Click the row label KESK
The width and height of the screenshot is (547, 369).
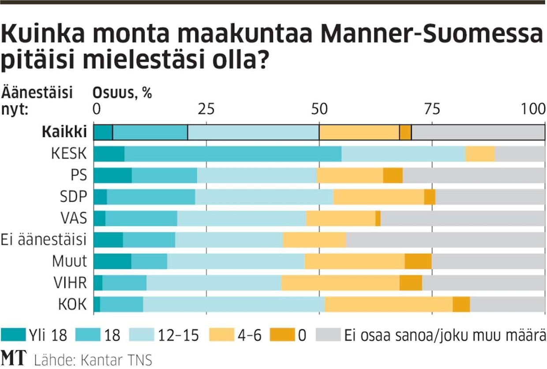click(69, 154)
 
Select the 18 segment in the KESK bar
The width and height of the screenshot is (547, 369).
click(233, 154)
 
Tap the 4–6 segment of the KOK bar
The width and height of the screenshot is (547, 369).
click(389, 305)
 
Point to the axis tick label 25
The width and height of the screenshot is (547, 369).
click(206, 109)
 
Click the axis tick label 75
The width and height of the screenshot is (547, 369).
click(431, 109)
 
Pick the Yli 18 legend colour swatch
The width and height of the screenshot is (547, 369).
click(13, 335)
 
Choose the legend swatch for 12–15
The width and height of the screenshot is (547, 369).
click(141, 335)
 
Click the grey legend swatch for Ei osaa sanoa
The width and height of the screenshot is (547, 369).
click(328, 335)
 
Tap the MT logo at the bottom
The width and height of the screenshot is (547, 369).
click(14, 358)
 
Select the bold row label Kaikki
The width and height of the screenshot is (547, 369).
click(64, 132)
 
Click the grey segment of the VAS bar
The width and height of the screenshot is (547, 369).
click(463, 218)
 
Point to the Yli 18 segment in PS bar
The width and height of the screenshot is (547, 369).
click(112, 175)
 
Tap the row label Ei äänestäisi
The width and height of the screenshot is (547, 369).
click(44, 240)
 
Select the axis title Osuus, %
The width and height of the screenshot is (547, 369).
click(122, 93)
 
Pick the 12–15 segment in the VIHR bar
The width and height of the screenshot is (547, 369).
click(214, 283)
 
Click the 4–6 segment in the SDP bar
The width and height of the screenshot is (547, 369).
click(378, 197)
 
